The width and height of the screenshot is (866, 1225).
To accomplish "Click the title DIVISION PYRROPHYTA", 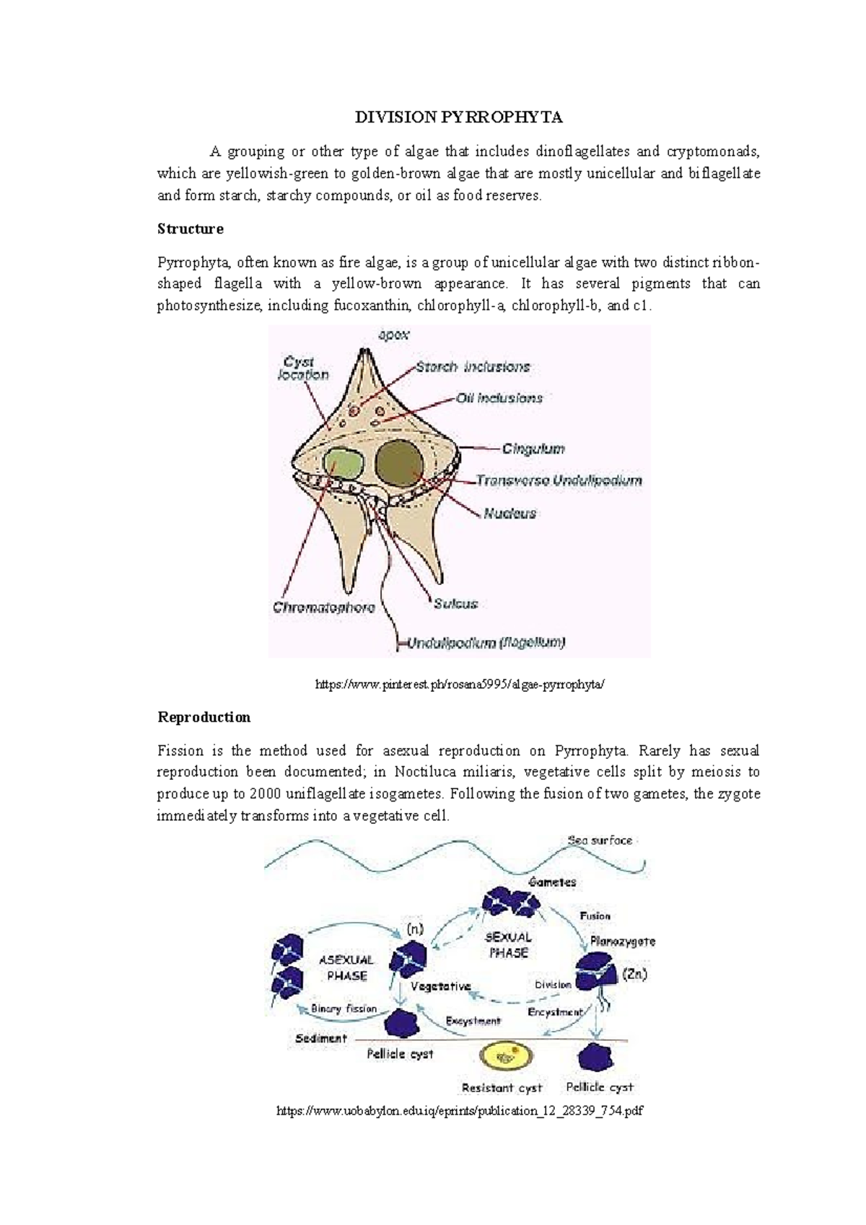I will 458,118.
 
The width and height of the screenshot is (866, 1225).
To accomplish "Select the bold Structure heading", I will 191,229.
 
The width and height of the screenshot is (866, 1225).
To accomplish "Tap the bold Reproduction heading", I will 204,717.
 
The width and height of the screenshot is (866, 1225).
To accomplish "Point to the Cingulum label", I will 533,449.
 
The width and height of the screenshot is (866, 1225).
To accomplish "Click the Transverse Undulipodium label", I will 559,480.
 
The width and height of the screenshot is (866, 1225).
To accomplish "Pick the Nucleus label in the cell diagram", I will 510,514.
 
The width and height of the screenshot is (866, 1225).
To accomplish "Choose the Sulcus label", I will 455,604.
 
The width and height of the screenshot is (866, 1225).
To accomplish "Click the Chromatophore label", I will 324,607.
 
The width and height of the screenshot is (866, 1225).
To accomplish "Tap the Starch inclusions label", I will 473,366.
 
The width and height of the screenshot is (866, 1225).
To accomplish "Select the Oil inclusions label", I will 499,398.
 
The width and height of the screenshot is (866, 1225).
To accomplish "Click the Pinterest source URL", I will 458,685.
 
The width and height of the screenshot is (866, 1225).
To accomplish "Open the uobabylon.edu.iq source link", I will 459,1111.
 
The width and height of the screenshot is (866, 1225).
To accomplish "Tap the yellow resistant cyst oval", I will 507,1057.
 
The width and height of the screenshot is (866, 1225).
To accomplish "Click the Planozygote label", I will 622,941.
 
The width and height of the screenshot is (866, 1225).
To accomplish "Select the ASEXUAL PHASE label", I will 346,967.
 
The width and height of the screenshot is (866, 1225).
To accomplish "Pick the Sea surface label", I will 600,840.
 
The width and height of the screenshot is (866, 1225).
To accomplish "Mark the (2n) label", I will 634,974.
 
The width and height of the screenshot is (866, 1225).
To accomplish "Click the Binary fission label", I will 344,1009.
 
